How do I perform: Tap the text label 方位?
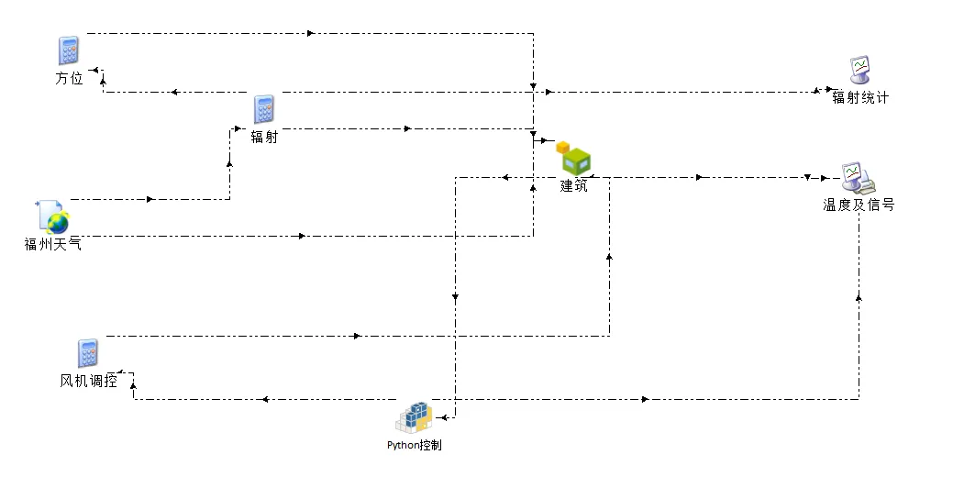tap(69, 79)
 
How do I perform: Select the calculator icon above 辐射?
tap(264, 109)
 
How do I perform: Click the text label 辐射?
tap(264, 138)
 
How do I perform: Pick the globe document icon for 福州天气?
tap(52, 216)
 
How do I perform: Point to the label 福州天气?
tap(52, 244)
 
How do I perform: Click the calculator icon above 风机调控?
tap(88, 353)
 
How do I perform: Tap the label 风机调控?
tap(89, 381)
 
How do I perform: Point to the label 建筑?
tap(574, 185)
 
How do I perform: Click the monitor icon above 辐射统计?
tap(859, 70)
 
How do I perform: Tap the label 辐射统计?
tap(859, 98)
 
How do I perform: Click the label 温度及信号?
tap(859, 205)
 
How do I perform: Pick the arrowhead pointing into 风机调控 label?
tap(121, 372)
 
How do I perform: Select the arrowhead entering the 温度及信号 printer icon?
tap(808, 177)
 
